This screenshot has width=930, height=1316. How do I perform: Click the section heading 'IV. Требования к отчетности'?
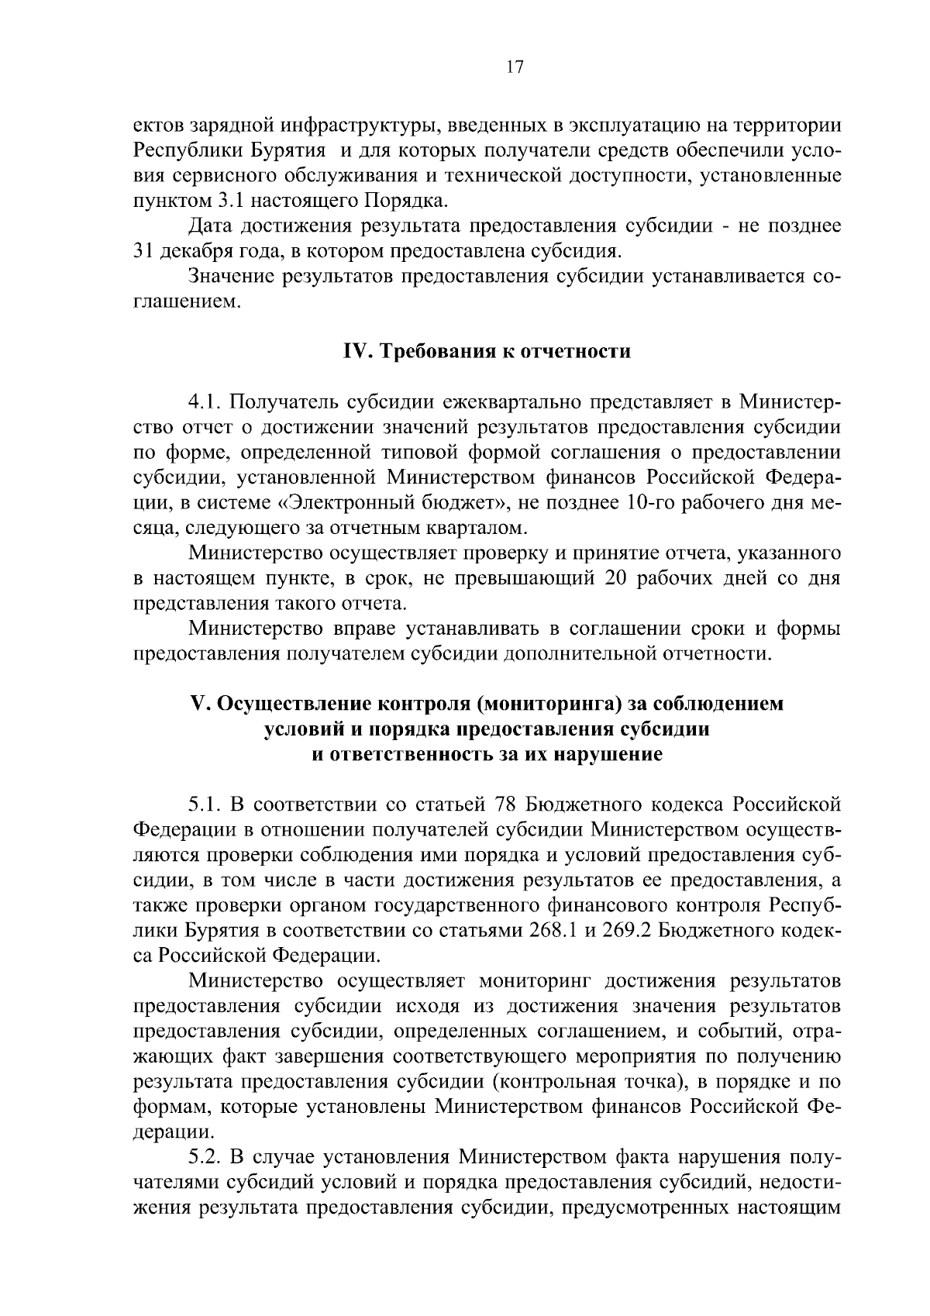[x=487, y=352]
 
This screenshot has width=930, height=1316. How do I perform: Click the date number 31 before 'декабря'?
[x=146, y=252]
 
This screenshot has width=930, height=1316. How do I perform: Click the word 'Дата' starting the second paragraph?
[x=210, y=226]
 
